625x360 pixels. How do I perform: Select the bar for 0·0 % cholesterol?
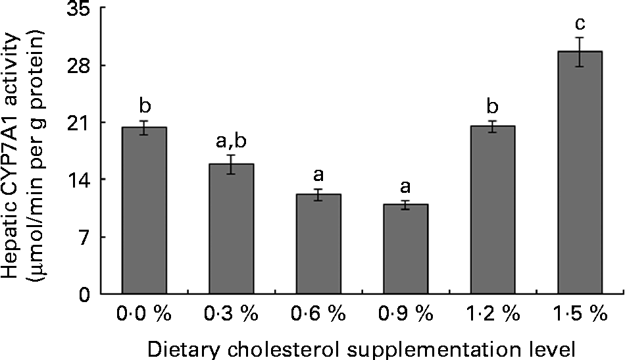[x=144, y=211]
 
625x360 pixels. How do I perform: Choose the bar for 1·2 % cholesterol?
[x=492, y=210]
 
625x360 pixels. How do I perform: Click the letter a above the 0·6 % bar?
[x=318, y=174]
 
